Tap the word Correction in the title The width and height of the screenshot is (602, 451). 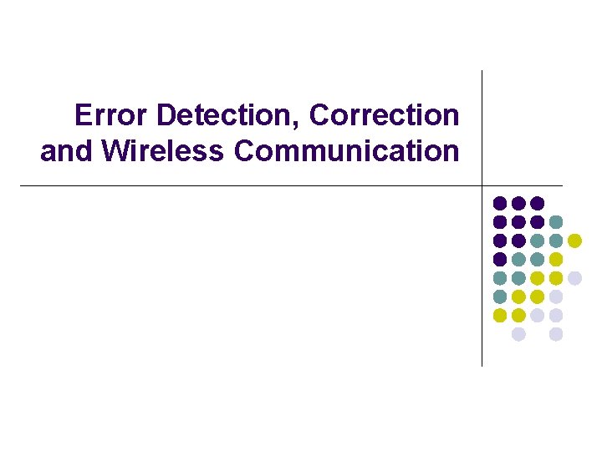pos(385,115)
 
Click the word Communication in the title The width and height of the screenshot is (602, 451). pos(347,152)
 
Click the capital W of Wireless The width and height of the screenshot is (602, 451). pos(115,152)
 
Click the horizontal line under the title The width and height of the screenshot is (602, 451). pos(251,185)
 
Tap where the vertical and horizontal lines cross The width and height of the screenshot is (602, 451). pos(482,185)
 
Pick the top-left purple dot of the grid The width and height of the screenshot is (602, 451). pos(500,203)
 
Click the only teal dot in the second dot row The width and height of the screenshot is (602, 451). pos(556,221)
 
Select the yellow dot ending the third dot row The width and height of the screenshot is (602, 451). pos(574,241)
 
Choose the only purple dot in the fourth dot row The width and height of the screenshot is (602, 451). pos(500,259)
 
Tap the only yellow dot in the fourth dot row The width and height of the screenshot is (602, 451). pos(556,259)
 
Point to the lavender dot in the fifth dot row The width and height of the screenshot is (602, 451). pos(574,278)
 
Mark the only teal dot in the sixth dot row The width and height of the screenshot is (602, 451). pos(500,296)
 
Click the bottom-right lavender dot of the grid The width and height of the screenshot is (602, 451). pos(556,334)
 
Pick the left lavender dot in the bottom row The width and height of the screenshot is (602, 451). pos(518,334)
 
